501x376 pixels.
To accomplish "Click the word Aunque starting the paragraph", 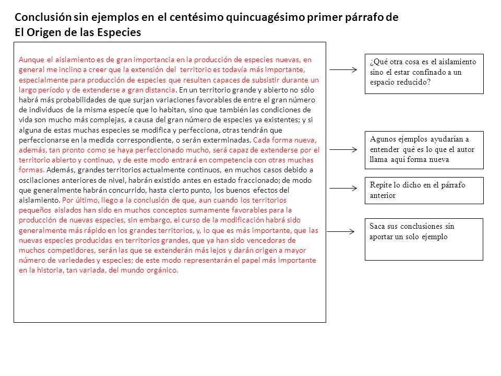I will (30, 60).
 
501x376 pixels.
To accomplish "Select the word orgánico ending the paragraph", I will (162, 270).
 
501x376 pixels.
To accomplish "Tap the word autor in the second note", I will (464, 149).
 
